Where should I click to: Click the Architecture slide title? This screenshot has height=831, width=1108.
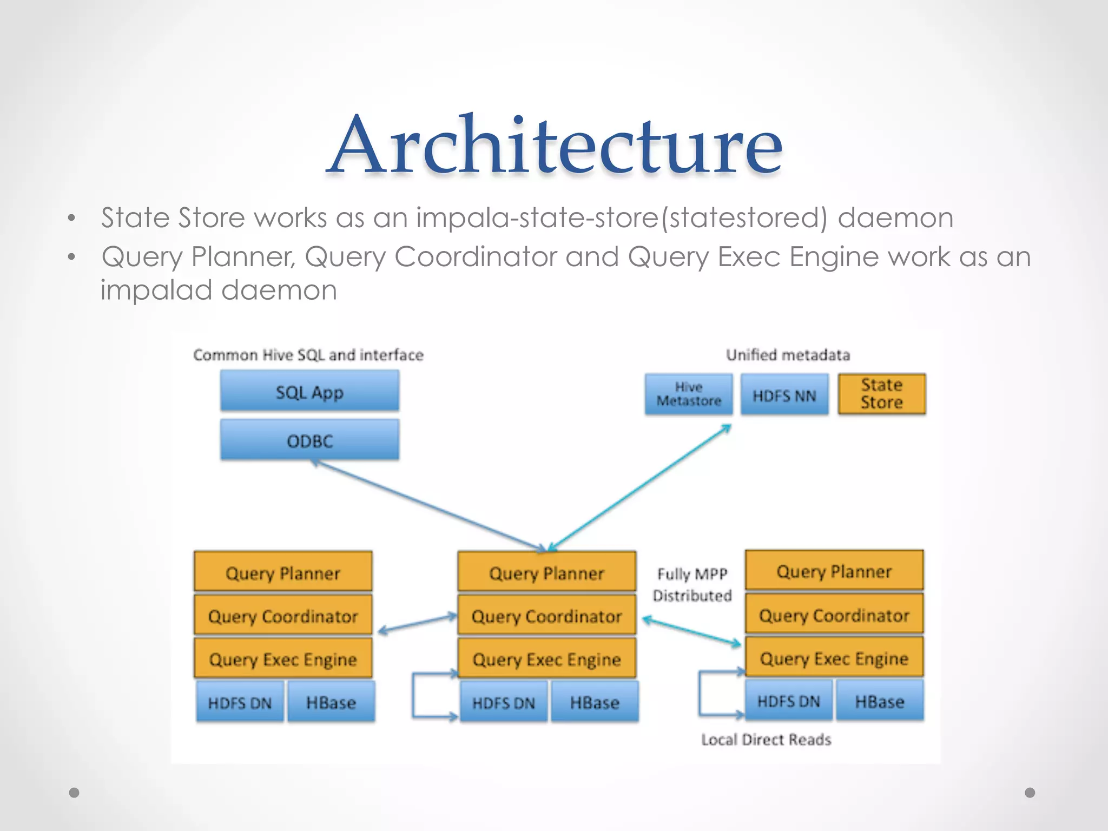click(555, 145)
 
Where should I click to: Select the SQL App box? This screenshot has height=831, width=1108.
click(309, 392)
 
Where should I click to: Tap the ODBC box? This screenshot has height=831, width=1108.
click(309, 440)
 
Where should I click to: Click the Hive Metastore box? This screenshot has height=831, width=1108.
click(688, 394)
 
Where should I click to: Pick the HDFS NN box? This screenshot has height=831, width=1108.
click(784, 395)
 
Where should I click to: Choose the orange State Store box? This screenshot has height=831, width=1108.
click(881, 394)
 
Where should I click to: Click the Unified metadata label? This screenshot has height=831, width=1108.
click(788, 355)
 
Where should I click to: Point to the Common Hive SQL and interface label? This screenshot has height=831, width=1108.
click(308, 355)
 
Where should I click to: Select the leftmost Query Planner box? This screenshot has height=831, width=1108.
click(283, 572)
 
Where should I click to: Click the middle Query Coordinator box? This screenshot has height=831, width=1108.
click(546, 616)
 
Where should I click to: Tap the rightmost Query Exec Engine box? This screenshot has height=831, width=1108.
click(834, 658)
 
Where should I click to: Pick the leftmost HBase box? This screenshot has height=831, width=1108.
click(331, 702)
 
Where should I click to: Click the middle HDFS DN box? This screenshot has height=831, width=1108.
click(503, 702)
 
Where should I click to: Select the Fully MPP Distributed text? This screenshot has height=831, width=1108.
click(692, 584)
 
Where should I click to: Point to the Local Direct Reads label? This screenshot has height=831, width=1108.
click(766, 739)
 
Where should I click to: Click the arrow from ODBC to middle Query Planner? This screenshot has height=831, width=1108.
click(427, 504)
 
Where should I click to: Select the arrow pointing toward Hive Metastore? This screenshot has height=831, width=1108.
click(638, 487)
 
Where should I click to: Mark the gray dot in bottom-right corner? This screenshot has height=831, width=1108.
click(1030, 793)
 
